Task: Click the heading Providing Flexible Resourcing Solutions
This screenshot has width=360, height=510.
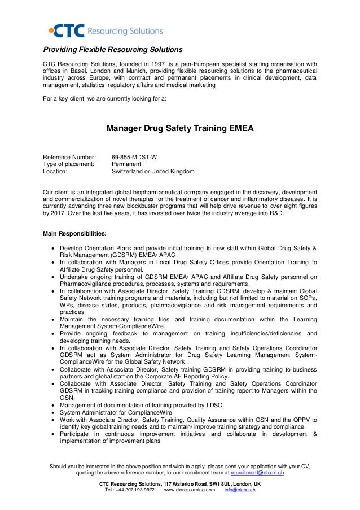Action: click(113, 49)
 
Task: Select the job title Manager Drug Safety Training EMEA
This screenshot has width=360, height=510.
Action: click(180, 128)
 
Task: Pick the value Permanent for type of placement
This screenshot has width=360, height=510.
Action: click(126, 163)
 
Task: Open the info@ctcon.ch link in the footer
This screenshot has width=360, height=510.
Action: click(240, 490)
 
